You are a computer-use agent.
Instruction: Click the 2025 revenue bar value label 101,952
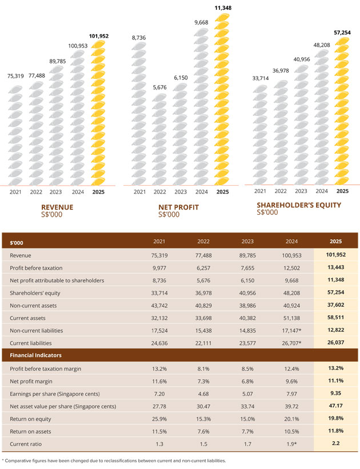pos(99,36)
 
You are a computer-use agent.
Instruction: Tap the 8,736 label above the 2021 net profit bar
pos(139,38)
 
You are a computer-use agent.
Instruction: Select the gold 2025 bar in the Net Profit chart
pos(222,99)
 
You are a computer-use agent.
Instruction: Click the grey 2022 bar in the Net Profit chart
pos(159,139)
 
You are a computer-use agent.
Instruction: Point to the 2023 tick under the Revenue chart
pos(55,192)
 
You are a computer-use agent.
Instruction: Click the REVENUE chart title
pos(57,207)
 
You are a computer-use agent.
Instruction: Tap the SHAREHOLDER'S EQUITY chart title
pos(299,205)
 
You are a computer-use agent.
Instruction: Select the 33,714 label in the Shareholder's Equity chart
pos(261,78)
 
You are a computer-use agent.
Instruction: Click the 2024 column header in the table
pos(292,242)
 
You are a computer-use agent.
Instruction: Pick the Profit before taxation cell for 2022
pos(203,268)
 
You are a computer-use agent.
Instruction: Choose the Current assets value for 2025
pos(336,318)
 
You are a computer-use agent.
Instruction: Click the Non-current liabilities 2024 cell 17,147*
pos(292,331)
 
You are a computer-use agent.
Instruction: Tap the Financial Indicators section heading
pos(35,355)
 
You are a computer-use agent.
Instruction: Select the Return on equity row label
pos(30,419)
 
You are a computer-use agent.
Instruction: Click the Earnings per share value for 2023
pos(247,394)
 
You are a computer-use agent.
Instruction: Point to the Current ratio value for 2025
pos(336,443)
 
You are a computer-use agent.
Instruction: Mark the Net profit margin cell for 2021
pos(159,382)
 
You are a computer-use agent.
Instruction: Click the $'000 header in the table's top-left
pos(17,243)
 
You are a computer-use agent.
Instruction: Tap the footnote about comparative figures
pos(114,461)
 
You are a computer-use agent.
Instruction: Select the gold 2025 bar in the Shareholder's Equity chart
pos(342,111)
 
